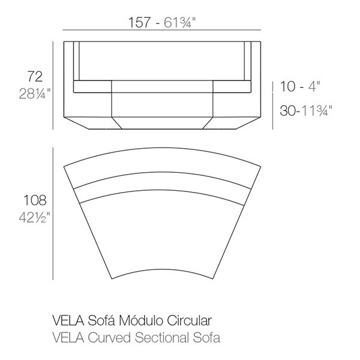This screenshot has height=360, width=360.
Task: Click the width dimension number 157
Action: [139, 23]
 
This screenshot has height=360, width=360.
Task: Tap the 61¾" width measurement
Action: [179, 23]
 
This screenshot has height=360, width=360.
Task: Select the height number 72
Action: [35, 76]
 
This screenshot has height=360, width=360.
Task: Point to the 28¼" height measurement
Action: [35, 94]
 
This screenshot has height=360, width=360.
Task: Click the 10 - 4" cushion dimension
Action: [300, 86]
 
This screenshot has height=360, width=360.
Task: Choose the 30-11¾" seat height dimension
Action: [306, 110]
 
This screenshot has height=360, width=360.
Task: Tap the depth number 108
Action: [35, 200]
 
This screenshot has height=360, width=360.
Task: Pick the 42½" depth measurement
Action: [34, 217]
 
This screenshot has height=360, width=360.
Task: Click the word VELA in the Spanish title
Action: [68, 320]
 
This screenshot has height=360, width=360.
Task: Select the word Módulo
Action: [141, 320]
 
